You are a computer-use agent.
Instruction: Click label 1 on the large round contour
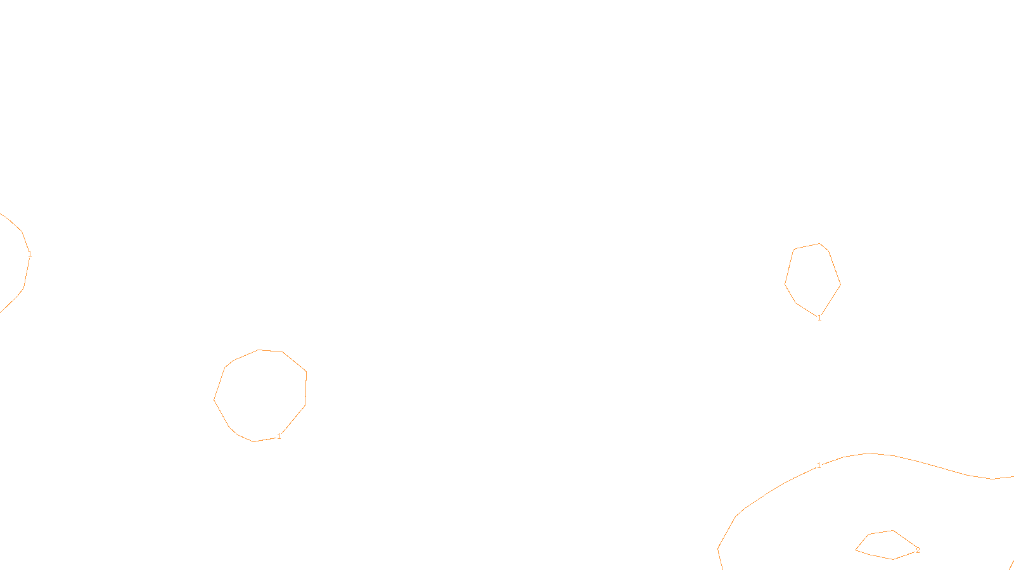coord(279,436)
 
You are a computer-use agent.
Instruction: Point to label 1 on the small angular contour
coord(819,318)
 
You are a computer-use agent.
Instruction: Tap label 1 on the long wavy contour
coord(819,466)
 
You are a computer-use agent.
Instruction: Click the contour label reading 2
coord(918,550)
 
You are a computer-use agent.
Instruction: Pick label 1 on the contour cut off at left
coord(30,255)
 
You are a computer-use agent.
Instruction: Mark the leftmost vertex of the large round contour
coord(214,400)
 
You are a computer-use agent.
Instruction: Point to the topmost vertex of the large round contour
coord(259,350)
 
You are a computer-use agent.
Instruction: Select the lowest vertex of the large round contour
coord(253,441)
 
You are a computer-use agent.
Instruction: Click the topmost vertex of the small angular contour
coord(820,243)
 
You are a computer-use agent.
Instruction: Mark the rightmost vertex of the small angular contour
coord(840,284)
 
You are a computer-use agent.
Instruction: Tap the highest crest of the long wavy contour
coord(869,453)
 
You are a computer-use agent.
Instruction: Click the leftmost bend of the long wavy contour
coord(717,548)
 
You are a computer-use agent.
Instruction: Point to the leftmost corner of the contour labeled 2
coord(856,550)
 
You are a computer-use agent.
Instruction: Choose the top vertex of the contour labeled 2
coord(893,531)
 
